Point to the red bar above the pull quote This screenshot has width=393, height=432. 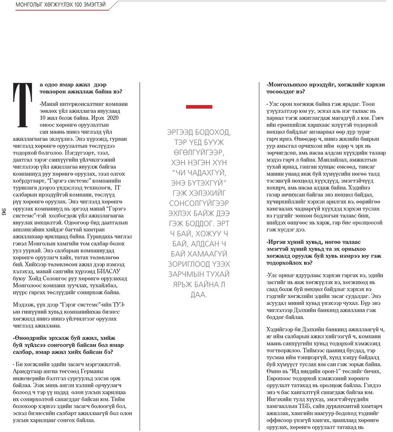coord(199,107)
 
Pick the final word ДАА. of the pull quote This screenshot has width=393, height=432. coord(199,294)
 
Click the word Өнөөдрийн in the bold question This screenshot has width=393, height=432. coord(31,338)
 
